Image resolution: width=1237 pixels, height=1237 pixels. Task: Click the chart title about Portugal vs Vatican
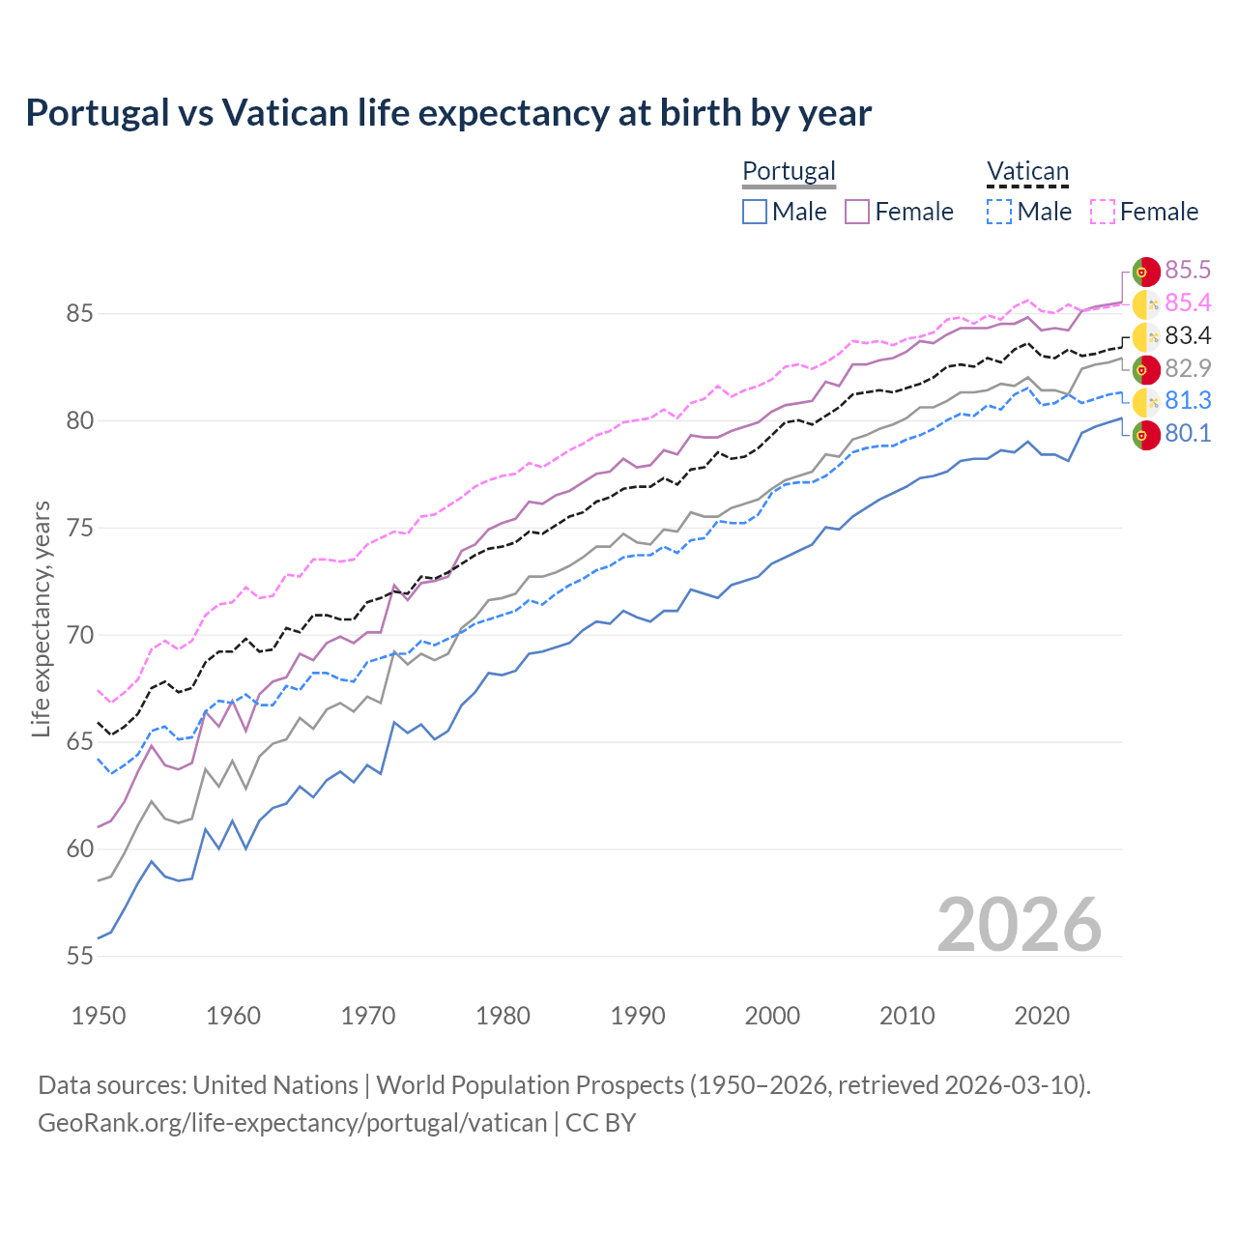448,113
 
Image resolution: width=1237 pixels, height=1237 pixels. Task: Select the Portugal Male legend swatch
755,212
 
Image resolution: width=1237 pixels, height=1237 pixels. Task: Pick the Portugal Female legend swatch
858,212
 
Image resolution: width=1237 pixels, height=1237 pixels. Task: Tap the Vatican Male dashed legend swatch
999,212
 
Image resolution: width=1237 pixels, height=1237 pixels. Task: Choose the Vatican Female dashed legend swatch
1103,212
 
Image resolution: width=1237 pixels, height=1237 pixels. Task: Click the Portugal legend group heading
789,171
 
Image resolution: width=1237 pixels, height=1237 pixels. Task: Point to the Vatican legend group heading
1027,171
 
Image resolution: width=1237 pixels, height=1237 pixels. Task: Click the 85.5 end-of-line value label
1188,270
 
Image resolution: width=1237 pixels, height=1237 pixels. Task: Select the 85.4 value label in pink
1188,302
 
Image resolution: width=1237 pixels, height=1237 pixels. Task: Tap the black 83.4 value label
1188,335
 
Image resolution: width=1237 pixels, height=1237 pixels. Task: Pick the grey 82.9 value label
1188,368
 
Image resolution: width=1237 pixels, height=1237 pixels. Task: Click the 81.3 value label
1188,400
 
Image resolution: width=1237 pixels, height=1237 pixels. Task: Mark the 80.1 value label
1188,433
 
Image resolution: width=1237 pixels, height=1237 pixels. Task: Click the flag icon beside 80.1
1146,436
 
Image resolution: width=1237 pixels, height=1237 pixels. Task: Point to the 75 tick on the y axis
80,529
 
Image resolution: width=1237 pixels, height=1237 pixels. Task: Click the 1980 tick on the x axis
503,1016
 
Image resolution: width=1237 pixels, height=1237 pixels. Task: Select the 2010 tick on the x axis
906,1016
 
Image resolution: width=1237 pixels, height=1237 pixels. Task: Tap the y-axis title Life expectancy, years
42,618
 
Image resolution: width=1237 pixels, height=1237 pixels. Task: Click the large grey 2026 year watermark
1019,925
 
